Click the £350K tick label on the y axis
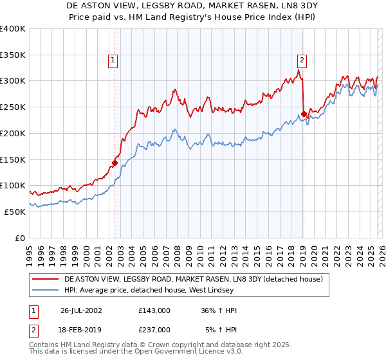coord(13,55)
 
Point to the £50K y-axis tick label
coord(15,212)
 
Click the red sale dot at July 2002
coord(115,163)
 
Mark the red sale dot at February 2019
coord(303,114)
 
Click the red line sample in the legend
coord(46,279)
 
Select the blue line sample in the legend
coord(46,290)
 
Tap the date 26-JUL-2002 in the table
coord(81,310)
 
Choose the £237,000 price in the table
coord(154,329)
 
